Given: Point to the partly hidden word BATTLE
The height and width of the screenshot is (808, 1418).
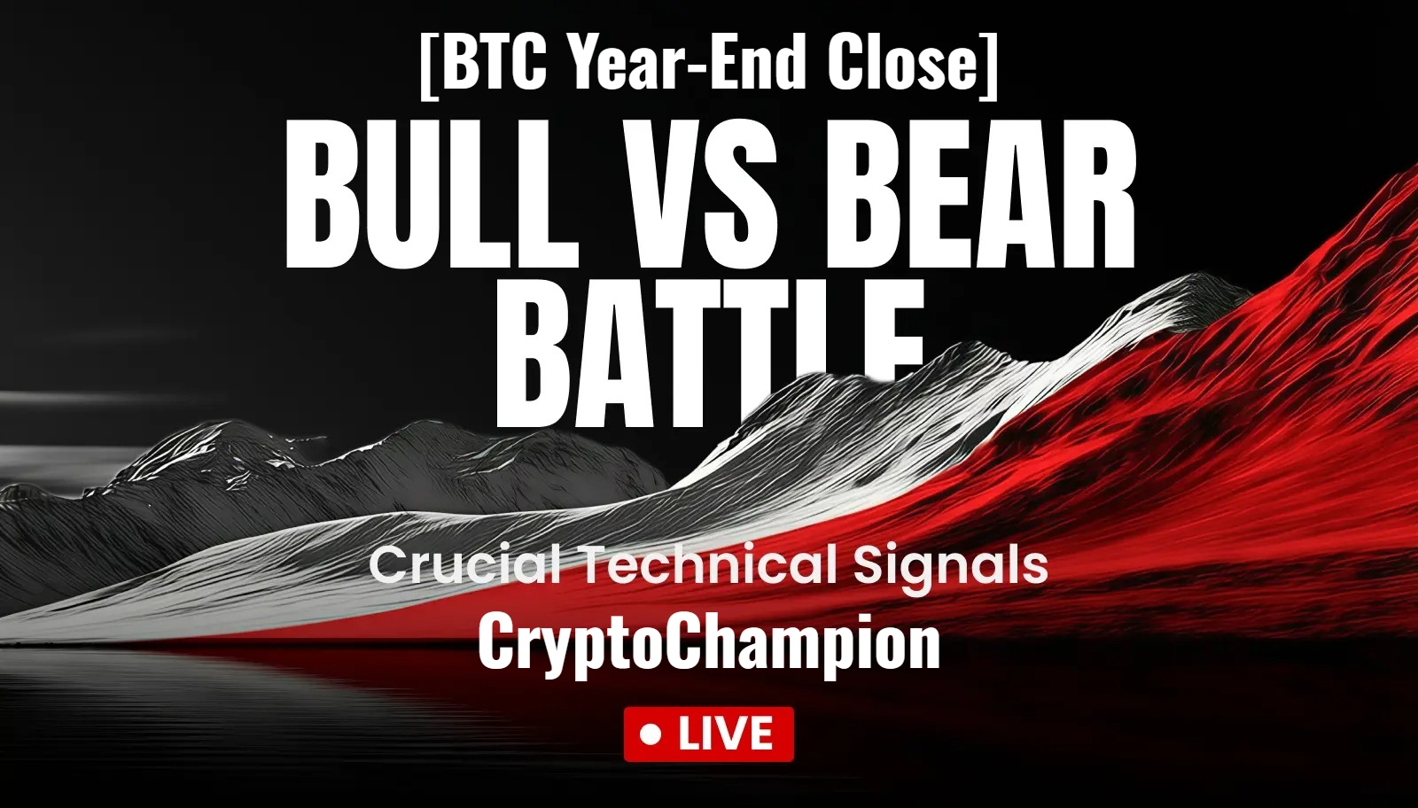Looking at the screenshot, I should [x=709, y=354].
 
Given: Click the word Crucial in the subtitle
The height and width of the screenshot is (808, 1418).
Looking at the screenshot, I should [x=465, y=565].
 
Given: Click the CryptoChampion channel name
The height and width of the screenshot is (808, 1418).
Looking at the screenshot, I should [x=709, y=642].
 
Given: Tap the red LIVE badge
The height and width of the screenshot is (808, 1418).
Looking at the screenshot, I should [x=709, y=734].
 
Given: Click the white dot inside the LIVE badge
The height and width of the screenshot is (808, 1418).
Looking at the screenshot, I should [x=651, y=734].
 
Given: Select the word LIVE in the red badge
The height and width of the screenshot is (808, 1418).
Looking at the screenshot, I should [x=726, y=734].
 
